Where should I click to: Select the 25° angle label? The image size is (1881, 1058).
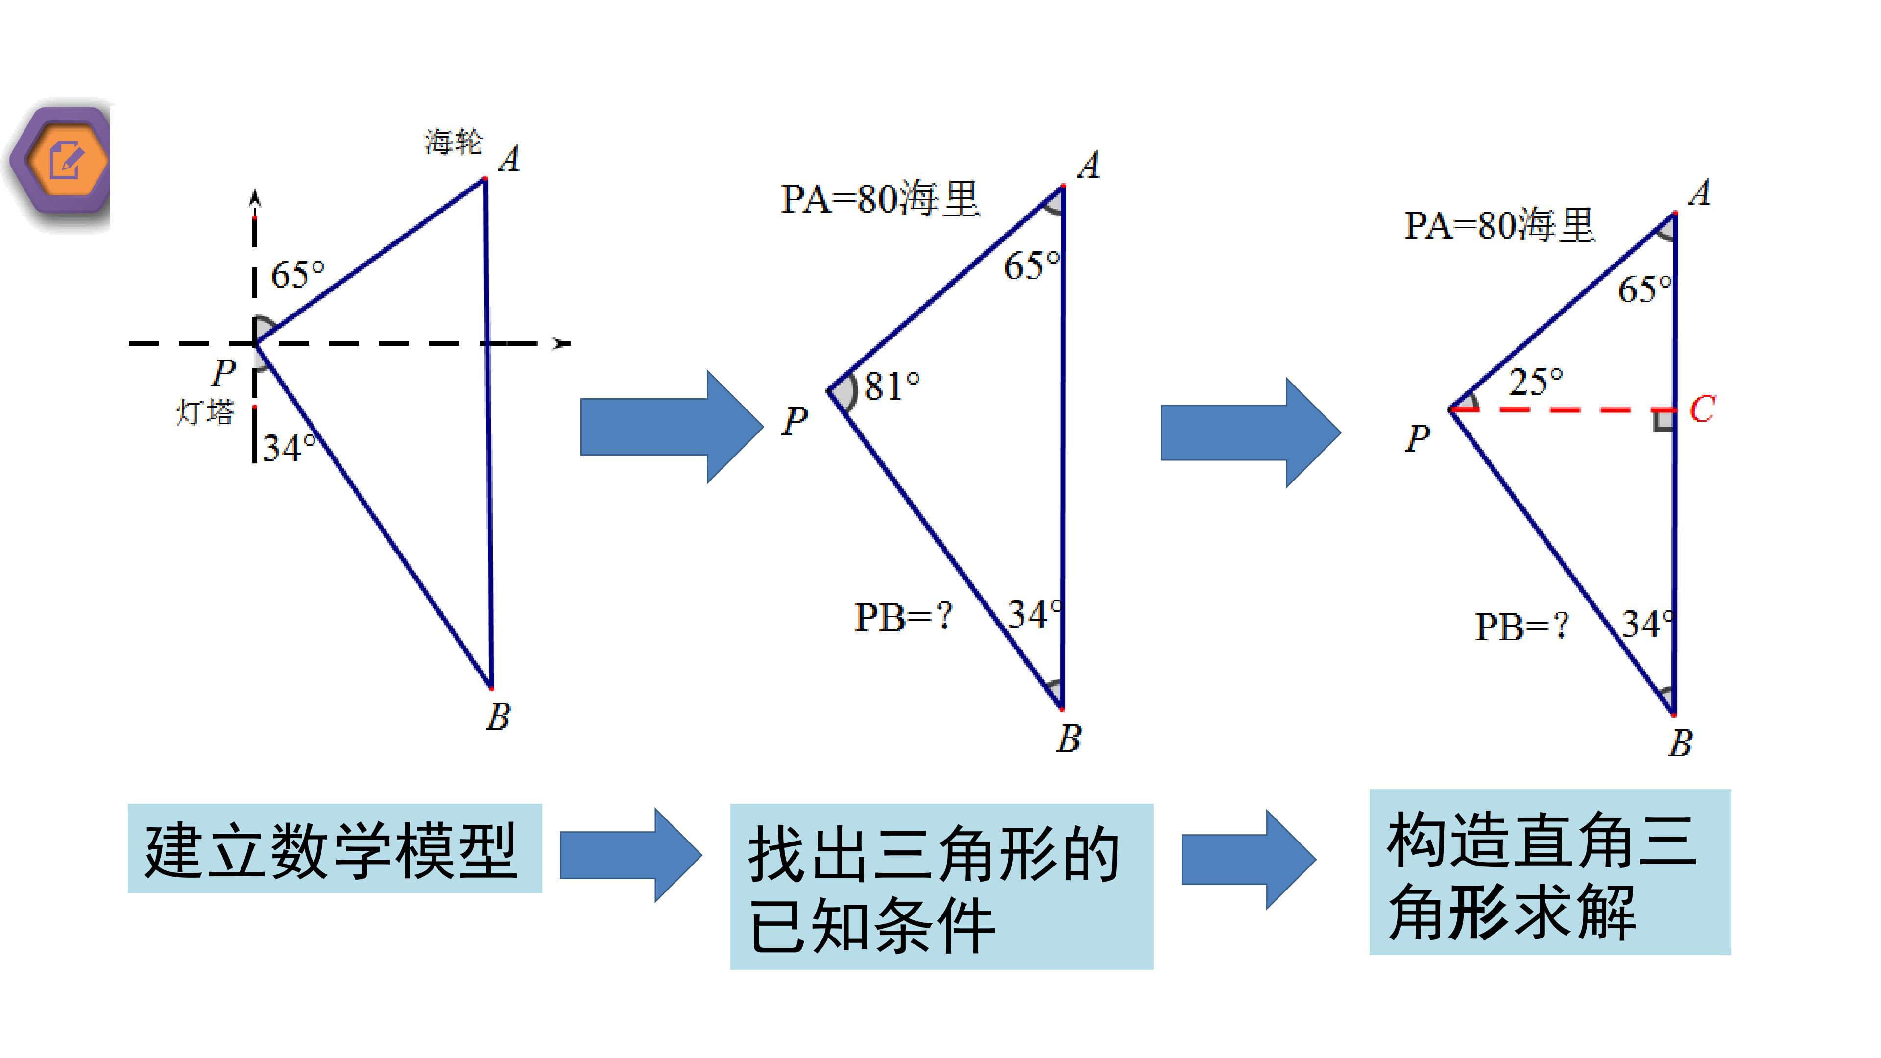click(1536, 381)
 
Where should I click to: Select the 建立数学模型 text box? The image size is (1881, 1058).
click(335, 848)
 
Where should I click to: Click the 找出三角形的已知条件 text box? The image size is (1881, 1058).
click(941, 887)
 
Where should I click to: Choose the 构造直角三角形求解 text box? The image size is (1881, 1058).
click(1549, 872)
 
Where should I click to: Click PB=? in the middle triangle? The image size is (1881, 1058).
click(904, 617)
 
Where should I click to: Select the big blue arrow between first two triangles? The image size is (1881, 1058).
click(672, 427)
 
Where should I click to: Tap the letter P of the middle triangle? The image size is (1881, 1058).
click(795, 421)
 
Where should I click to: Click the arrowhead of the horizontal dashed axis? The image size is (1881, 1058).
click(561, 342)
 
